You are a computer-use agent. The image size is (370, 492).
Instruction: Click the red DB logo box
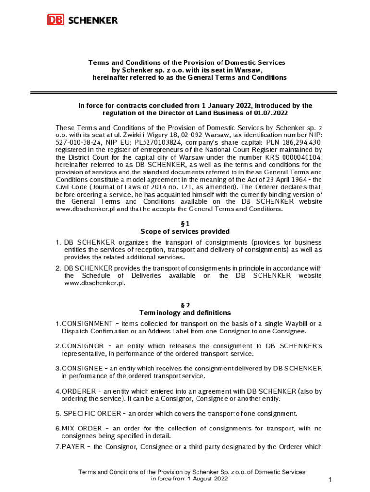pyautogui.click(x=56, y=20)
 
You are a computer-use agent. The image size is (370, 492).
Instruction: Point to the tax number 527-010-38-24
pyautogui.click(x=77, y=143)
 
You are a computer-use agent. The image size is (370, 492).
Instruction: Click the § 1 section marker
pyautogui.click(x=185, y=223)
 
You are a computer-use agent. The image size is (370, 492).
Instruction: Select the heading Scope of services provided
pyautogui.click(x=185, y=231)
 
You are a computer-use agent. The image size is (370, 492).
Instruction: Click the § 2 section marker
pyautogui.click(x=185, y=305)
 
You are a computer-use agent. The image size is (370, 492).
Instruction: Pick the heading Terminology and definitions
pyautogui.click(x=185, y=313)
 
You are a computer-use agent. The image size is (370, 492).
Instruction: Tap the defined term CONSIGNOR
pyautogui.click(x=83, y=346)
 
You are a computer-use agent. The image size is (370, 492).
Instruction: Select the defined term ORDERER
pyautogui.click(x=78, y=391)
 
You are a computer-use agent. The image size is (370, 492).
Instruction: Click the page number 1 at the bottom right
pyautogui.click(x=330, y=480)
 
